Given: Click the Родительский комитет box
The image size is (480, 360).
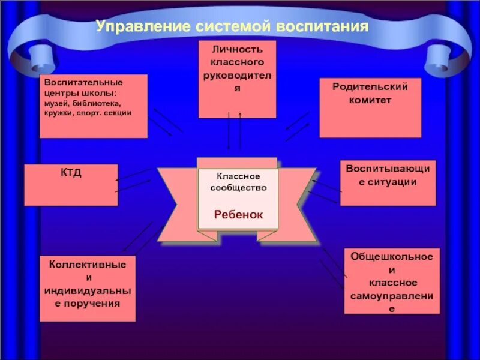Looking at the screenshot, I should (x=370, y=108).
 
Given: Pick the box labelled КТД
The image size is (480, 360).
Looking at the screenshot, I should (x=71, y=185).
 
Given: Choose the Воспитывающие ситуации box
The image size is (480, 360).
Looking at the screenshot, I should (x=388, y=182).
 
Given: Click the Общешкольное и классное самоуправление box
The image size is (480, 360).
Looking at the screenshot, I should (x=392, y=281).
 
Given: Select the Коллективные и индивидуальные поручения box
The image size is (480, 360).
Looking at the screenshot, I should (x=88, y=288).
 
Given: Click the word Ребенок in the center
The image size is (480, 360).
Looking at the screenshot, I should (x=238, y=214).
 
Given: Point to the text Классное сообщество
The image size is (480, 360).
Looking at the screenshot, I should (x=238, y=182).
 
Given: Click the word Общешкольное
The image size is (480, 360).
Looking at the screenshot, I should (x=392, y=256).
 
